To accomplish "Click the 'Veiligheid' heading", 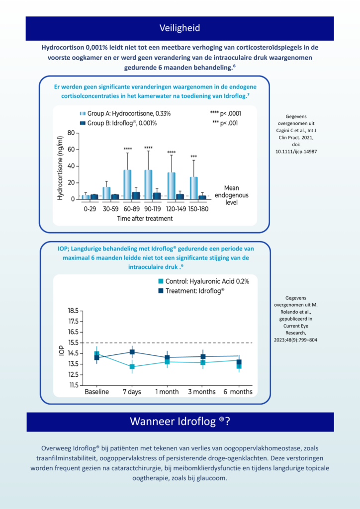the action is [x=180, y=28].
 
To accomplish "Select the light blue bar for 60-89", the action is [x=128, y=184].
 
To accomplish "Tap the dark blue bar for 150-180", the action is [x=202, y=197].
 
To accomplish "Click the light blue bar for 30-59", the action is [x=106, y=193].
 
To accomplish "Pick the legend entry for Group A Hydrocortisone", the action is [x=125, y=114].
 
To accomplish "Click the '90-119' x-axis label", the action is [x=153, y=209].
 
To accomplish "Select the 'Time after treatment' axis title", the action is [x=145, y=219].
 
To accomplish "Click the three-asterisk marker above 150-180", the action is [x=194, y=157].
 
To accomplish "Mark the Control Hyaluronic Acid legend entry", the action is [x=203, y=281].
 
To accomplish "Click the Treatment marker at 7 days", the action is [x=132, y=352].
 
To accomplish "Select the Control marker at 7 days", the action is [x=132, y=367].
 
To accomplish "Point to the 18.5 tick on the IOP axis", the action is [x=73, y=311].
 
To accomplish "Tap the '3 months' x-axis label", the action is [x=202, y=392].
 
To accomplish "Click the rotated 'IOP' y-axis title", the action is [x=62, y=352].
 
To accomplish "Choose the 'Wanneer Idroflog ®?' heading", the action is [x=180, y=422].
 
